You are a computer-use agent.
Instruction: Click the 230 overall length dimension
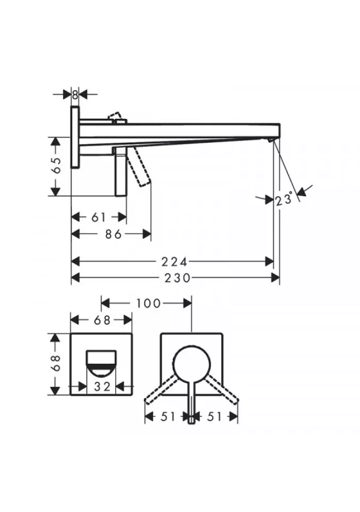[177, 278]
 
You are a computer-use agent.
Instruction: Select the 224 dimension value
[175, 261]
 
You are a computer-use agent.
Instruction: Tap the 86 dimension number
[114, 234]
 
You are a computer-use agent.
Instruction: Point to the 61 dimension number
[98, 217]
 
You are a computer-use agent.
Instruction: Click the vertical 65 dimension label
[56, 166]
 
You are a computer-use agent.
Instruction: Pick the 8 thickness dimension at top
[75, 95]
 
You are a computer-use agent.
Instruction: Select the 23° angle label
[284, 199]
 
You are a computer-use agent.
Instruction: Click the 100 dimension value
[148, 303]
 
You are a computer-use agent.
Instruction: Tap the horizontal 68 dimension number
[102, 321]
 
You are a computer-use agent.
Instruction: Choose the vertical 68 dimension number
[56, 363]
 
